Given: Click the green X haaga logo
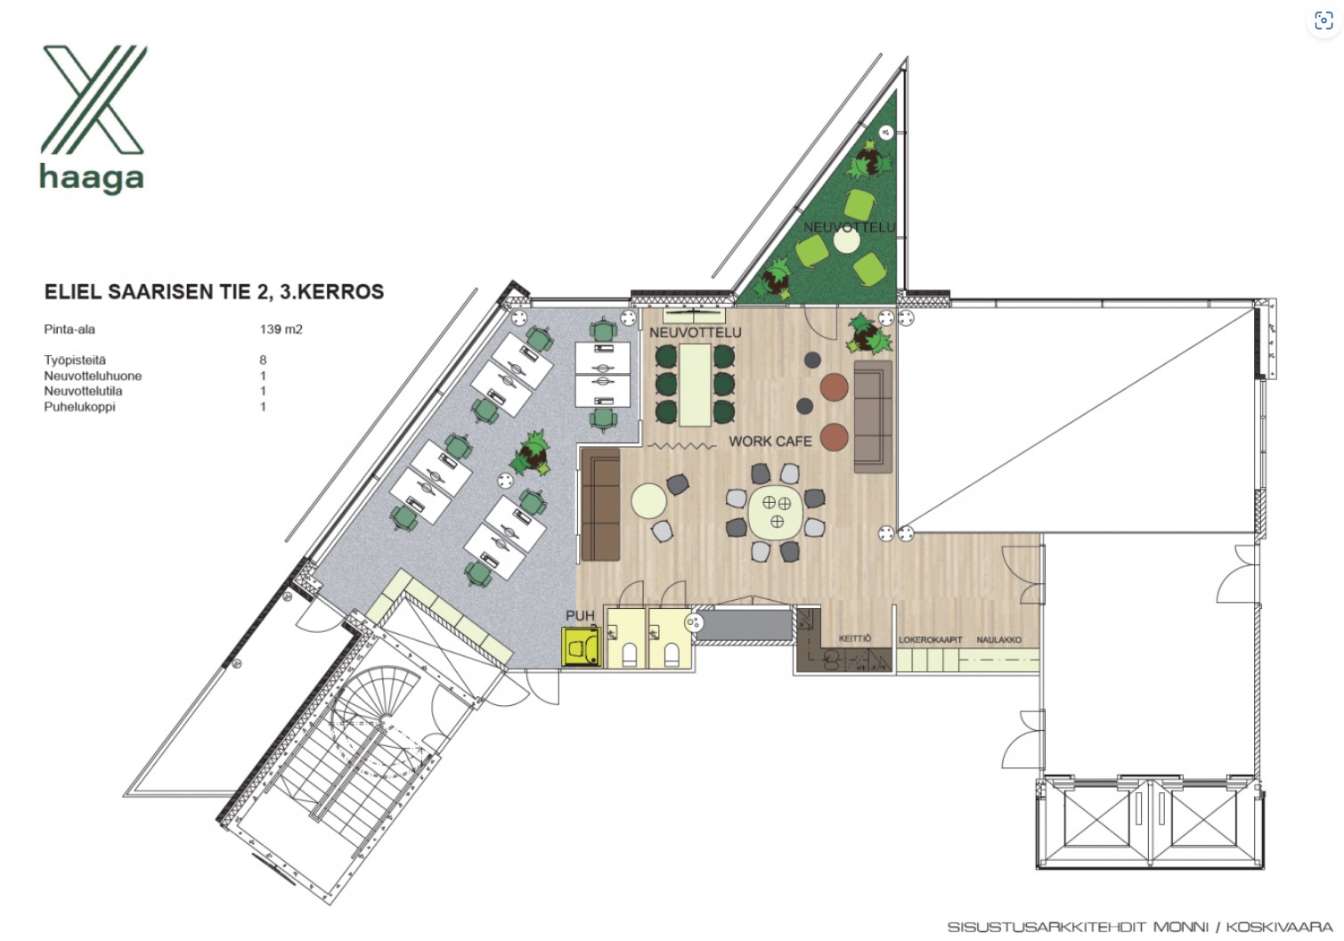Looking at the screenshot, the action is point(93,118).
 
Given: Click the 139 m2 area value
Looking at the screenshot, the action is point(281,329).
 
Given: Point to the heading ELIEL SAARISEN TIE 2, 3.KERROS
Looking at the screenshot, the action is point(214,291).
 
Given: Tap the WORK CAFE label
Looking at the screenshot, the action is point(770,442).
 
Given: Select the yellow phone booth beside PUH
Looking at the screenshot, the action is point(581,646).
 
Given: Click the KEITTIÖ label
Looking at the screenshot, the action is point(854,638).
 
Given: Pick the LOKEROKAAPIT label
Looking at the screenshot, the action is point(930,640).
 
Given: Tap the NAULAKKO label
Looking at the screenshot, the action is point(998,640).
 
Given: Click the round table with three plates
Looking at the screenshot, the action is point(776,512).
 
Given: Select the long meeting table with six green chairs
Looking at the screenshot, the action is point(696,385).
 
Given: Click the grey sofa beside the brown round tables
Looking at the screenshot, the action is point(873,416).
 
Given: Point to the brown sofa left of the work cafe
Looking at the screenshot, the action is point(600,505).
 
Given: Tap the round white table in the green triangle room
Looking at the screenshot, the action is point(847,239).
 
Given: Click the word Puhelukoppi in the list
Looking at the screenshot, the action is point(79,407).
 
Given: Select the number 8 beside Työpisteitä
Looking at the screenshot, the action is point(263,360).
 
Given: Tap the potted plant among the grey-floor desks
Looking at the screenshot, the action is point(531,454).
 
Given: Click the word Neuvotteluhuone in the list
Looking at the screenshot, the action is point(93,376).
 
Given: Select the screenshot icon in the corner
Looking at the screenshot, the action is point(1324,20).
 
